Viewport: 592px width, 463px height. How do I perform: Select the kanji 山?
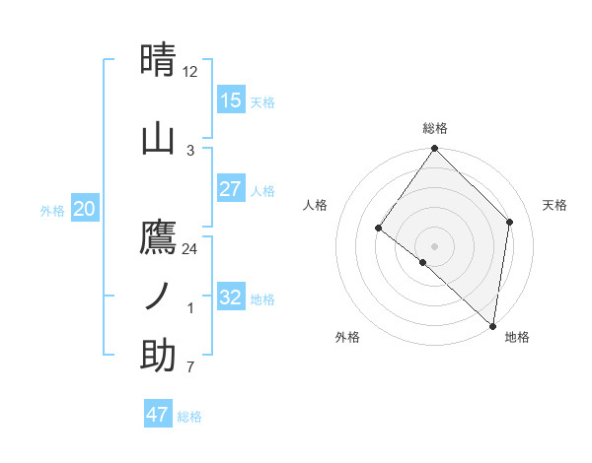click(158, 139)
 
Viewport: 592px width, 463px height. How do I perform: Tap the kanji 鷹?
click(158, 237)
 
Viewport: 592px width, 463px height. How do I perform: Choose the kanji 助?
click(158, 355)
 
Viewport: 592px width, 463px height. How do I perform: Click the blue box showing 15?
click(231, 100)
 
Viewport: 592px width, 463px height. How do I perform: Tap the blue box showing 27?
click(231, 189)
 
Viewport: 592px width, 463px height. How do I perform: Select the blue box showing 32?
click(231, 298)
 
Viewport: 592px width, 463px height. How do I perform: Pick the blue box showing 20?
click(85, 209)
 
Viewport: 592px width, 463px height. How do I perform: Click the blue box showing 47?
click(158, 415)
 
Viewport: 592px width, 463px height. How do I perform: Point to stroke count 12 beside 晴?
click(190, 72)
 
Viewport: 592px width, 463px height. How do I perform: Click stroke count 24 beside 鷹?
click(190, 248)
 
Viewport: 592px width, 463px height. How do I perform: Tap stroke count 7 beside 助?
click(190, 366)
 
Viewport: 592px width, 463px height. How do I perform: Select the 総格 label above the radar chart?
click(435, 128)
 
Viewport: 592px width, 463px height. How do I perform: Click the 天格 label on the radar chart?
click(555, 205)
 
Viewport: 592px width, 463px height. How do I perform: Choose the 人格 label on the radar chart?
click(315, 205)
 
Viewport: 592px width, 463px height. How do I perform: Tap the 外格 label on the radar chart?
click(347, 337)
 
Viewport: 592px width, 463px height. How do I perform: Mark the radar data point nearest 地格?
click(493, 325)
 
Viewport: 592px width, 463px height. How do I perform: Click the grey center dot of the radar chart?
click(435, 246)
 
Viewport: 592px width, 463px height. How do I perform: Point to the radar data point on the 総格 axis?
click(435, 149)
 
